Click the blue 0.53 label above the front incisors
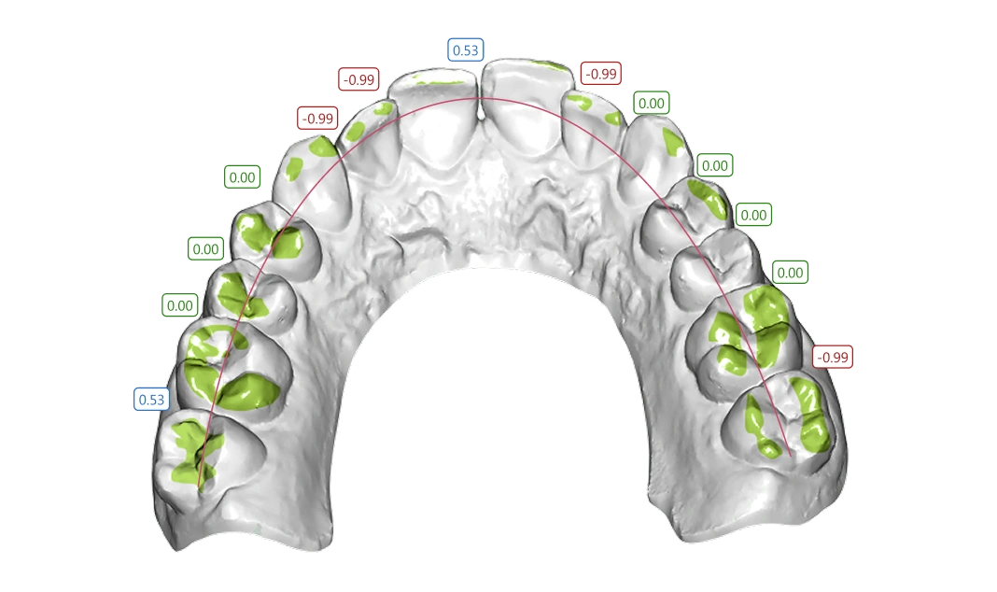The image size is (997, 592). (464, 49)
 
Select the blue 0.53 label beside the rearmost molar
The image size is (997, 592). (151, 400)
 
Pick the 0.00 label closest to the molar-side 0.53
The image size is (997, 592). (179, 305)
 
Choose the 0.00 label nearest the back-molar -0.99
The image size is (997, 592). (790, 273)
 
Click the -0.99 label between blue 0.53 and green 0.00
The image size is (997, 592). (599, 73)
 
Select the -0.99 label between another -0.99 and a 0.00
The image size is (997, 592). (317, 119)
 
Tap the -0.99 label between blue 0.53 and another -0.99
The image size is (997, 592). (358, 79)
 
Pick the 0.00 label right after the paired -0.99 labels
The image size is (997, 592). (242, 176)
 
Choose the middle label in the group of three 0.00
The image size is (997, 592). (204, 249)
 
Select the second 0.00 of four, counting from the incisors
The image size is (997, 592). (714, 165)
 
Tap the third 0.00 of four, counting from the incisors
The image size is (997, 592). (753, 215)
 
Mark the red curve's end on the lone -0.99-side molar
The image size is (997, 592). (791, 455)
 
